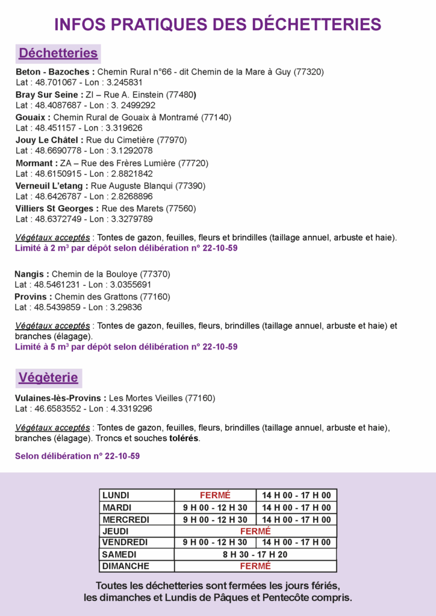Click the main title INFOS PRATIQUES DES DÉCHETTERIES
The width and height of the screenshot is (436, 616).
(x=217, y=24)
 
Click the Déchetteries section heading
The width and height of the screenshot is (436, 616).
(x=58, y=53)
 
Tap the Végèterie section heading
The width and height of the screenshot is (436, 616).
(x=48, y=378)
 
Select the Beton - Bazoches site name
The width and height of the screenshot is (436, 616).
(x=55, y=72)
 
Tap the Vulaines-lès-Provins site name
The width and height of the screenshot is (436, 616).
(x=60, y=398)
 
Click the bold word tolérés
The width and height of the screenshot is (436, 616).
(x=184, y=439)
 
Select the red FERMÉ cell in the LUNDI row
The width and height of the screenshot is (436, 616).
(x=215, y=496)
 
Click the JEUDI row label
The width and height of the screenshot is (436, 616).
(x=116, y=531)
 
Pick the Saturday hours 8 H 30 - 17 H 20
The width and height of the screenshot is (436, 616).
(x=255, y=555)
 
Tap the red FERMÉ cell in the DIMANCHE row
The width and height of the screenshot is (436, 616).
(x=255, y=566)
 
